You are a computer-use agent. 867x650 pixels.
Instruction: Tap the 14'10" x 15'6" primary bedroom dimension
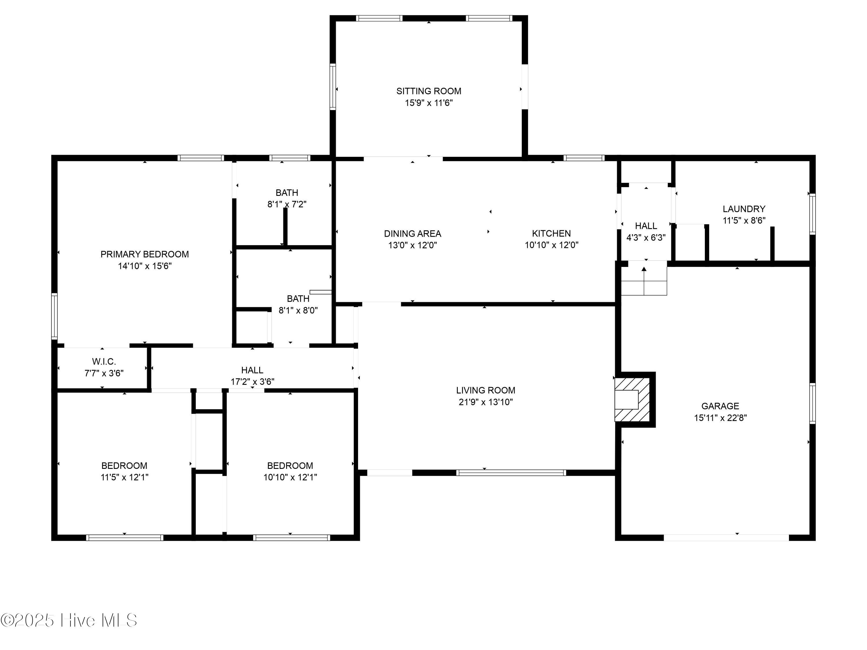[x=144, y=266]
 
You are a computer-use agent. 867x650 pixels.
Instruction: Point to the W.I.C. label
[x=104, y=361]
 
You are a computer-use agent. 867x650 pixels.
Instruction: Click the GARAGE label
[x=720, y=406]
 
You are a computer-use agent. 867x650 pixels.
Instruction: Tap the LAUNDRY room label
[x=744, y=209]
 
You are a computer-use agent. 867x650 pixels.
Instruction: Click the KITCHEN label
[x=551, y=233]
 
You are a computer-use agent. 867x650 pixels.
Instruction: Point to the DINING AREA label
[x=412, y=233]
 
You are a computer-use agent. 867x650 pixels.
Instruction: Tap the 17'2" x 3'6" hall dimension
[x=252, y=382]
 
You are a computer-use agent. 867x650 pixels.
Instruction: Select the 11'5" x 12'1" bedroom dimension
[x=124, y=477]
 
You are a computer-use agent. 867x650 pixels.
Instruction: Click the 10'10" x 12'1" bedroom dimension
[x=290, y=477]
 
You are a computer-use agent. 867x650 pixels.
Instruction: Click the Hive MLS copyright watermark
[x=69, y=620]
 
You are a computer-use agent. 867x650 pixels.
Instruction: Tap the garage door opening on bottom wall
[x=726, y=538]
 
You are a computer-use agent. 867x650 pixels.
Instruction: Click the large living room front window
[x=511, y=473]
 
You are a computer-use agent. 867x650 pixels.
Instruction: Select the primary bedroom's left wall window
[x=55, y=316]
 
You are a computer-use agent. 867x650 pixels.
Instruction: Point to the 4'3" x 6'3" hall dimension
[x=646, y=237]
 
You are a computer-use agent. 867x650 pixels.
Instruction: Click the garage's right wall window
[x=812, y=403]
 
